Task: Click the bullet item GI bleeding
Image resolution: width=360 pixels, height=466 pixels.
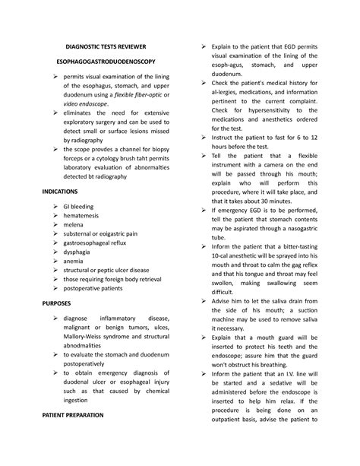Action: tap(79, 205)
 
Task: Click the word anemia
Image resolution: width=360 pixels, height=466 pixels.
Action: tap(74, 269)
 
